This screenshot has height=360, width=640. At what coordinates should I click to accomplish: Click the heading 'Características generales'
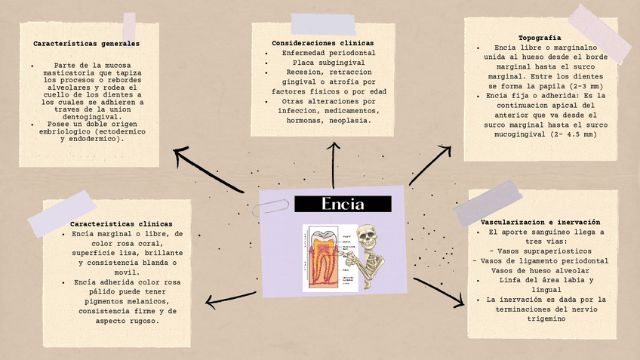coord(86,44)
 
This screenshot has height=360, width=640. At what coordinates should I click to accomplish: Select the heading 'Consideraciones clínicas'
coord(322,43)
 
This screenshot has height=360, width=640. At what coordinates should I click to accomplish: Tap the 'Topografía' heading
coord(540,38)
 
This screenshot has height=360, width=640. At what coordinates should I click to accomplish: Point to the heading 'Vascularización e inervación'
coord(540,223)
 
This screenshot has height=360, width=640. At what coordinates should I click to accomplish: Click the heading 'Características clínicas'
coord(122,224)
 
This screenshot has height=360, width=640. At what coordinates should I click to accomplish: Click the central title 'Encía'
coord(343,204)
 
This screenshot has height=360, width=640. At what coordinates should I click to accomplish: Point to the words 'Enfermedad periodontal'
coord(329,54)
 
